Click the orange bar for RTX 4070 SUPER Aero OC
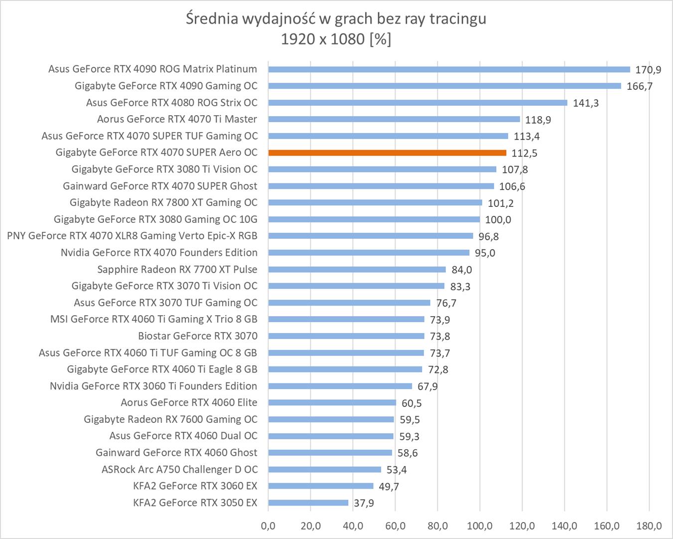tap(387, 153)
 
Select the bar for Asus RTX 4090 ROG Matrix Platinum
tap(449, 69)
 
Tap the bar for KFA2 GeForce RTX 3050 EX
tap(308, 503)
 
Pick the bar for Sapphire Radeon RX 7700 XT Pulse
tap(357, 269)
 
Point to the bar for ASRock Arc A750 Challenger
tap(324, 469)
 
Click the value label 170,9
tap(648, 70)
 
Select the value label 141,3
tap(586, 103)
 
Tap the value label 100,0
tap(498, 220)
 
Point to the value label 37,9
tap(364, 503)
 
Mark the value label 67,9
tap(427, 386)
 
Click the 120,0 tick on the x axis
tap(522, 526)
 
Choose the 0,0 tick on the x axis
tap(268, 526)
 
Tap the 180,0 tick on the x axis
tap(649, 526)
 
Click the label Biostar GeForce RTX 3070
tap(198, 336)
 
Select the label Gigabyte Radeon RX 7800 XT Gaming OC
tap(163, 202)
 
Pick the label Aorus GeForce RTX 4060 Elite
tap(189, 402)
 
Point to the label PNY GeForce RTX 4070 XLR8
tap(132, 236)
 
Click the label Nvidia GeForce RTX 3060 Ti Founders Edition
tap(153, 386)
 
